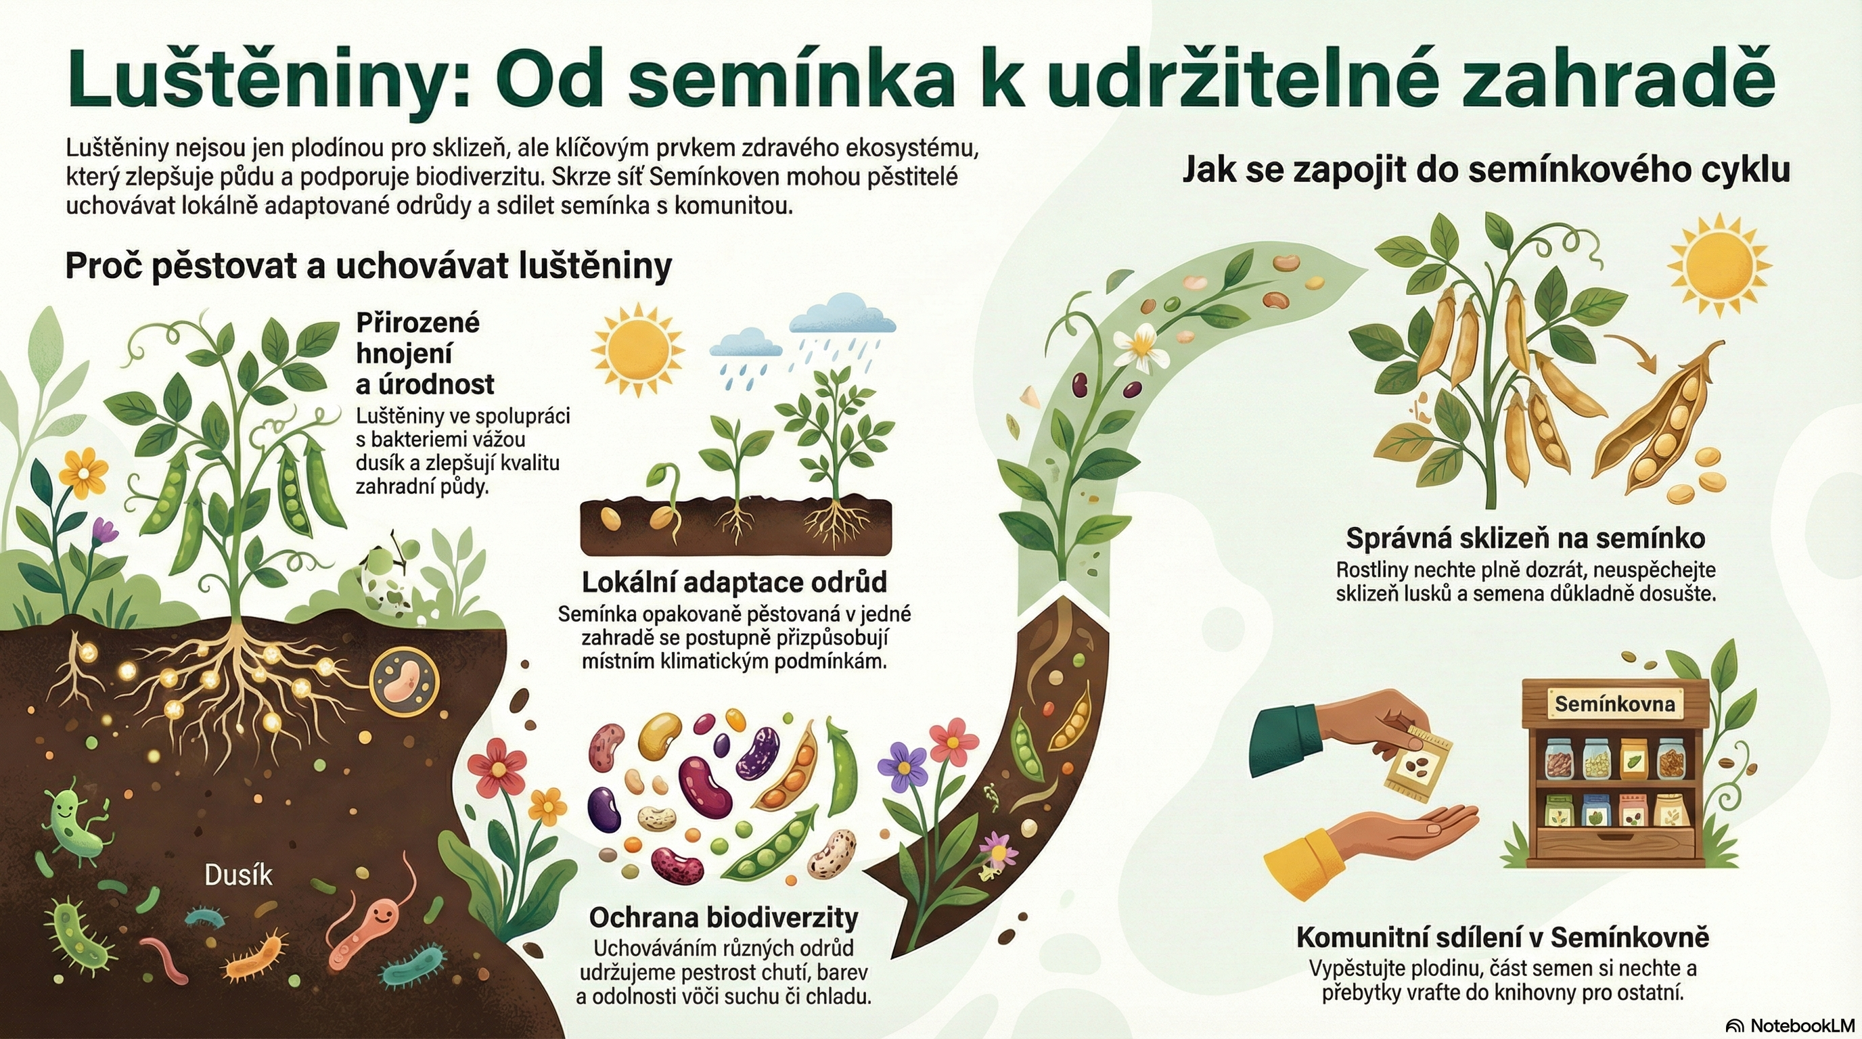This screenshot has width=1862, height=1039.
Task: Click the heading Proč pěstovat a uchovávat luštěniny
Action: [x=369, y=267]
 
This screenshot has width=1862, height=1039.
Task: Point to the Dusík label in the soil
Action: [x=239, y=875]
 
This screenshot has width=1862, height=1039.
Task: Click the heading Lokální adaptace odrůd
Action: [x=734, y=582]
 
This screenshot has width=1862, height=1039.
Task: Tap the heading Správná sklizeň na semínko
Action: [x=1526, y=538]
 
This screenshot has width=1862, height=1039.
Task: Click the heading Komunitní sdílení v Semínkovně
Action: [x=1503, y=937]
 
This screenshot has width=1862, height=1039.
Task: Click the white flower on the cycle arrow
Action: [x=1141, y=347]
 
